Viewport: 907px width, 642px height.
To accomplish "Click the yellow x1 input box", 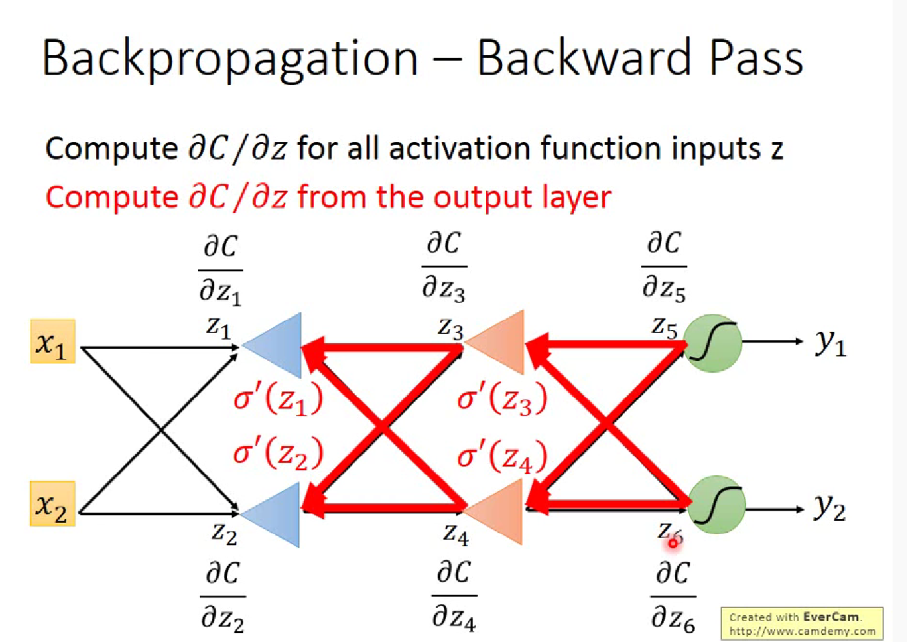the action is pos(52,341).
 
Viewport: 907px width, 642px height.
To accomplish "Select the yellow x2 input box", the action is pos(52,504).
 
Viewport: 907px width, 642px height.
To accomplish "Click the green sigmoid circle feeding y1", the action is pos(713,343).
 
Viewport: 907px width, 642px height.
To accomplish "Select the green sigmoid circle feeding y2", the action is pos(716,505).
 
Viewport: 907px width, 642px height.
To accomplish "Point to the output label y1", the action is pos(830,342).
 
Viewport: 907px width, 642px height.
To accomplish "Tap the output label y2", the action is pos(830,507).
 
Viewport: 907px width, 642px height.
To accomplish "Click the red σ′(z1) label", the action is pos(278,399).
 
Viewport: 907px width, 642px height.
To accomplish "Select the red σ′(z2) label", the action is pos(278,453).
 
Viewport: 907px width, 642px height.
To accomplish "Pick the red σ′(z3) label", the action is pos(502,399).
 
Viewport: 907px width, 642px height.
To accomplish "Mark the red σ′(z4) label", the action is pos(502,456).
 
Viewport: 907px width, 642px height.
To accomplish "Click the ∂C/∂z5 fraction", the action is pos(664,267).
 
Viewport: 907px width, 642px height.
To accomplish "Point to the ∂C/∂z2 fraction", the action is pos(223,596).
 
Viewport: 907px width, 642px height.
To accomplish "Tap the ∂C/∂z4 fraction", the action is pos(454,596).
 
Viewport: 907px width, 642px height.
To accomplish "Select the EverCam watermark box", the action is pos(802,624).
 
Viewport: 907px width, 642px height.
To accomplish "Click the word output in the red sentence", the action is pos(483,197).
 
